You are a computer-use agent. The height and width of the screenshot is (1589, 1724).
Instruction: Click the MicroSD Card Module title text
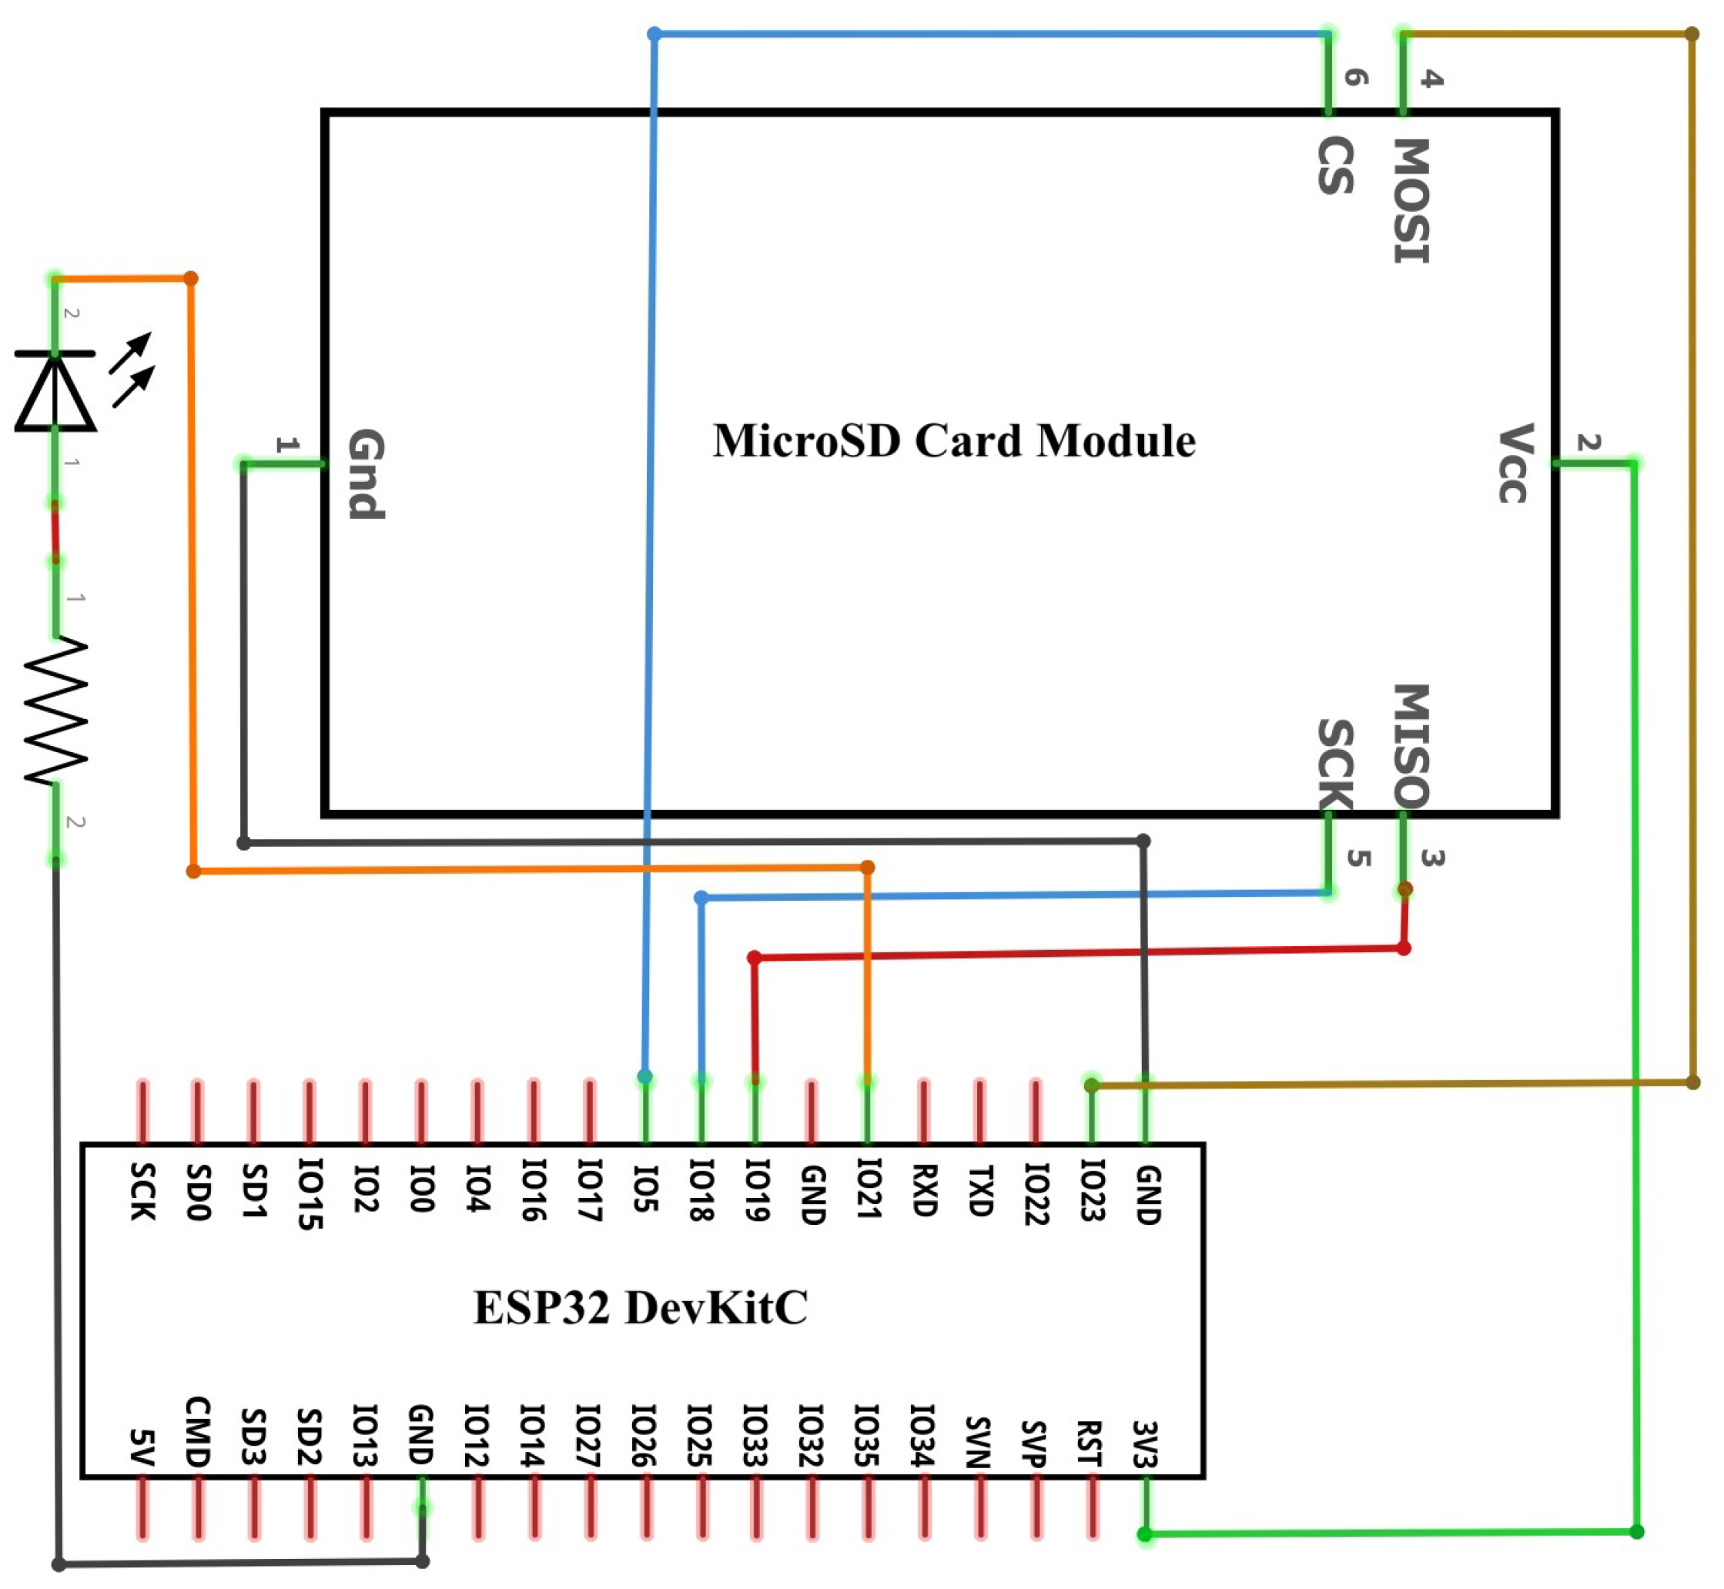coord(952,440)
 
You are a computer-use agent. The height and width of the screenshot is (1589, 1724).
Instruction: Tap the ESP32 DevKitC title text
coord(641,1307)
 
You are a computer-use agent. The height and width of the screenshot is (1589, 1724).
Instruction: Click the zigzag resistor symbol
coord(55,711)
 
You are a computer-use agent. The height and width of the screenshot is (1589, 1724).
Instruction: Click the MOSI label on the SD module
coord(1411,200)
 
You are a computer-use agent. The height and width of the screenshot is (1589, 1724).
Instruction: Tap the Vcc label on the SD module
coord(1512,463)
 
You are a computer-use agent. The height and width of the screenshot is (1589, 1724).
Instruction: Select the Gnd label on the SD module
coord(366,473)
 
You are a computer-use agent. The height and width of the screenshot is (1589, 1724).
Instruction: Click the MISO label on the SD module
coord(1411,744)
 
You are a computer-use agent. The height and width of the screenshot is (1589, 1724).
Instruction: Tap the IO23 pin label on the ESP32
coord(1092,1191)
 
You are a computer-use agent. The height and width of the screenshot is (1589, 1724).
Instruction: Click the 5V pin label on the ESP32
coord(142,1447)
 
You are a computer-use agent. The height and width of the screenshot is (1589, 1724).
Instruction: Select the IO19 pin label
coord(757,1191)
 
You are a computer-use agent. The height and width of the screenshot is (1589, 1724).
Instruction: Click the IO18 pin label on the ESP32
coord(701,1191)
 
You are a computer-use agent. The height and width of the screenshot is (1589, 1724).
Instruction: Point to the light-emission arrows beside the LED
coord(132,370)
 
